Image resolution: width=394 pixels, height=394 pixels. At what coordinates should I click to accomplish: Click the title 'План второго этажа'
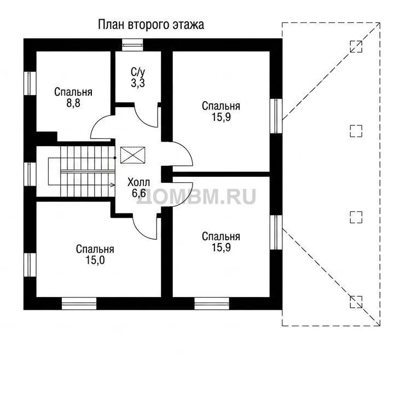151,25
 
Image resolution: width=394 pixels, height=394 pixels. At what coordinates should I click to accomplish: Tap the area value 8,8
73,103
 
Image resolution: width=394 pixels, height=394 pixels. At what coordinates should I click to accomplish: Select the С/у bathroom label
138,72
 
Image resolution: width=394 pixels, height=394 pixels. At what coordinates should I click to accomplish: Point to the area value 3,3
138,83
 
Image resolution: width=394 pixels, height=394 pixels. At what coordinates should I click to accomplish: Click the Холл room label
138,182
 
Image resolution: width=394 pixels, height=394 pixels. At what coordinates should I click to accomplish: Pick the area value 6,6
138,193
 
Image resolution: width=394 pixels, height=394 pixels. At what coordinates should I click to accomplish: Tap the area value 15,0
95,260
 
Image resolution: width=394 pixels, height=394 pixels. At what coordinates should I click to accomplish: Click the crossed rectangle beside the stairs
132,155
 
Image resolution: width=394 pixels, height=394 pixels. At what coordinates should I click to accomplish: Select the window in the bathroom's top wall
132,45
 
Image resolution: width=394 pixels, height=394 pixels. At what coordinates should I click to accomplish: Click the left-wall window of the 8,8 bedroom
30,83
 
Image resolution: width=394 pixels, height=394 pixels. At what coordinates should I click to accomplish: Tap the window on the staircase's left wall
30,174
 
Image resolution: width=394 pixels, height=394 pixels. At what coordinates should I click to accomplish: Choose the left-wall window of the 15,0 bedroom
30,265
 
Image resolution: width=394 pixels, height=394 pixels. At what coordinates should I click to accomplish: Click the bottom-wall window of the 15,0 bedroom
79,304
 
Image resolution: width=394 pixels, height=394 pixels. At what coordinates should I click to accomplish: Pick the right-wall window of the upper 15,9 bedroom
276,116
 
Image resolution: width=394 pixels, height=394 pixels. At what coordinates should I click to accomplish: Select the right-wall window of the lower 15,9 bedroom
276,232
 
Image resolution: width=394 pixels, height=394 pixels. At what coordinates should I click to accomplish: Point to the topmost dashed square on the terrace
356,47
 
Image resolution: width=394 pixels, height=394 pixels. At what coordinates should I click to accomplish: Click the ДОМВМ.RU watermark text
197,196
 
